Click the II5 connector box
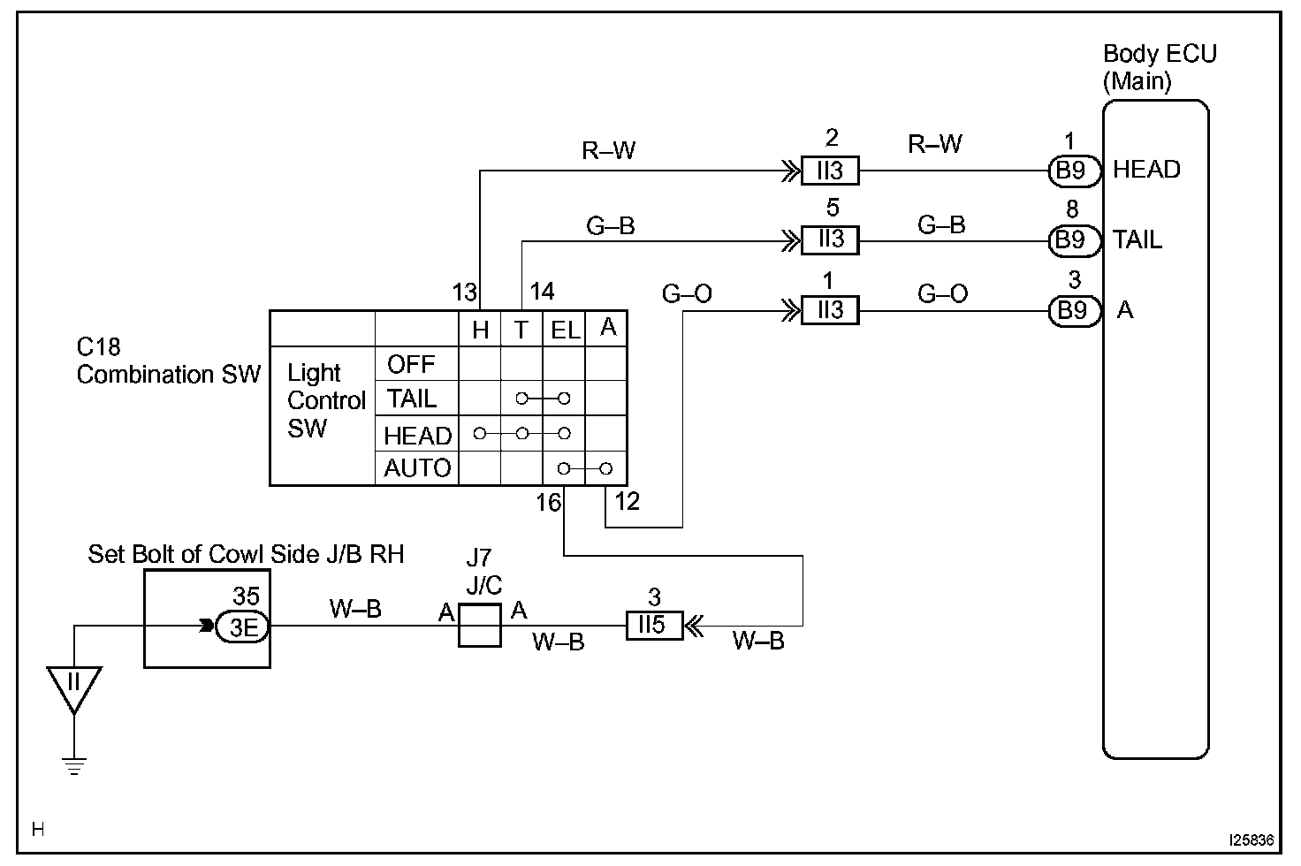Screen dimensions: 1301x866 (655, 626)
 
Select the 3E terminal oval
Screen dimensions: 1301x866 (242, 627)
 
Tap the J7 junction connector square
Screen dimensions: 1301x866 (480, 625)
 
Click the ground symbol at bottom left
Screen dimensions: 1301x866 (73, 766)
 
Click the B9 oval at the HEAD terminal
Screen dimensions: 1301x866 (1075, 171)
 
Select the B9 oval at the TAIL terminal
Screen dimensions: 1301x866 (1075, 240)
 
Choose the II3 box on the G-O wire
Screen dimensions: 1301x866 (830, 310)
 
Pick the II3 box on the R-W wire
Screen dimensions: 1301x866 (830, 171)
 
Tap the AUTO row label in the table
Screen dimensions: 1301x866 (417, 468)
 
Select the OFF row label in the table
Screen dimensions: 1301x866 (411, 365)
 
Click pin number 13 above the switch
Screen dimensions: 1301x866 (465, 292)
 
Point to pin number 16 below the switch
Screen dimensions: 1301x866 (548, 503)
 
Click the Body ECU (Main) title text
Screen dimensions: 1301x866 (1160, 67)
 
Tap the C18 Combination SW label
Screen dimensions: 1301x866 (169, 361)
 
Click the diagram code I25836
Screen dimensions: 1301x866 (1251, 840)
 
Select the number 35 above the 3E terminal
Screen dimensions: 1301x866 (246, 596)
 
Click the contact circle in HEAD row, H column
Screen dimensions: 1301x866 (479, 433)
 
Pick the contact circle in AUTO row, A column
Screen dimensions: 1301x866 (605, 468)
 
